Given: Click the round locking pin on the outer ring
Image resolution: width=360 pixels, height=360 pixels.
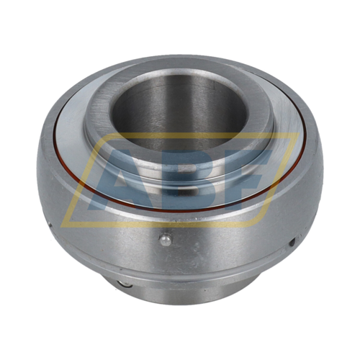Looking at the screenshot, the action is (x=166, y=240).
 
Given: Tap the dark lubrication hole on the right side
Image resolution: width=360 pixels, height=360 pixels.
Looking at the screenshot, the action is (x=292, y=242).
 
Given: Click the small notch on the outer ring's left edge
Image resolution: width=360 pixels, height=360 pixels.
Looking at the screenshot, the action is (x=50, y=225).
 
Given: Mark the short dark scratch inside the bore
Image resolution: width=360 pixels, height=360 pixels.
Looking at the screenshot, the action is (x=214, y=86).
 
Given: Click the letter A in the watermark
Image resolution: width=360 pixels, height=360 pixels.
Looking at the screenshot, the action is (x=120, y=180).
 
